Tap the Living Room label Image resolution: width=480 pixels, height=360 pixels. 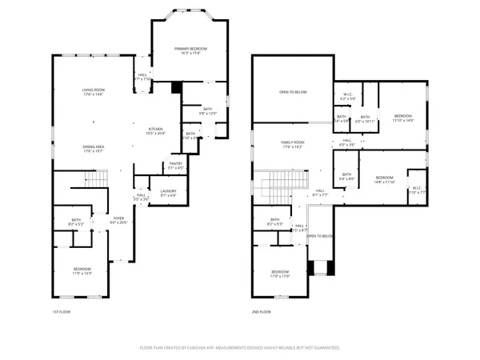click(94, 92)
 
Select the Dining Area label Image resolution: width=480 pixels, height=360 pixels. click(94, 149)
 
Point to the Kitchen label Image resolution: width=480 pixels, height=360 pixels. click(155, 131)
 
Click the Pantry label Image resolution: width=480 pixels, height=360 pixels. click(176, 166)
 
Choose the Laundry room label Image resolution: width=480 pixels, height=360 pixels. click(168, 192)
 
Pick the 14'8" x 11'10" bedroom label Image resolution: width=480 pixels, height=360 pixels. click(385, 179)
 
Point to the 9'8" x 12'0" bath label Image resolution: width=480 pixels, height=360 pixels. click(207, 111)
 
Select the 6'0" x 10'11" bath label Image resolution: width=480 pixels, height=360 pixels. click(366, 119)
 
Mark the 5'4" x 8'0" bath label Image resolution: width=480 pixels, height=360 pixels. click(347, 177)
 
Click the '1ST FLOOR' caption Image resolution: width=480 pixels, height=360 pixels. click(62, 312)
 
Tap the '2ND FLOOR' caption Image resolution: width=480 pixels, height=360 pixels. click(261, 312)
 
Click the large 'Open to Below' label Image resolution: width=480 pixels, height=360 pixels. click(293, 92)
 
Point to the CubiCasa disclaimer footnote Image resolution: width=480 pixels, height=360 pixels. click(240, 348)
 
